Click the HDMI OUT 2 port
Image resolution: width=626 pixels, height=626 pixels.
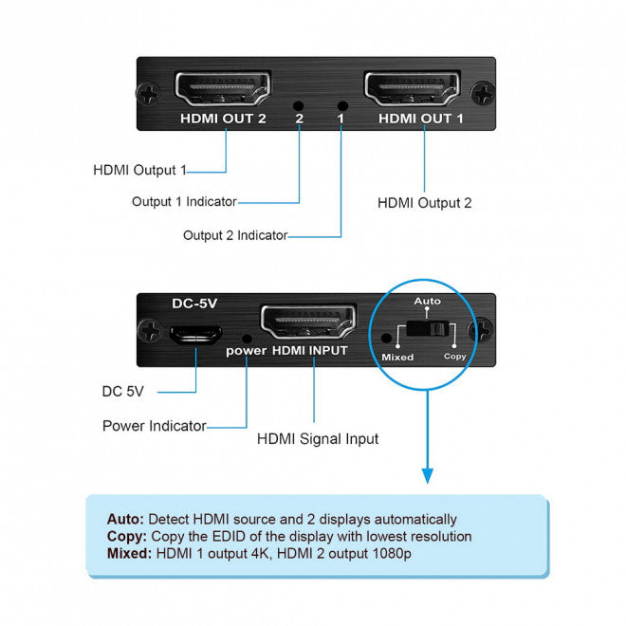(x=224, y=92)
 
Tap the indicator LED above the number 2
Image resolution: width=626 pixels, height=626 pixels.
(x=299, y=107)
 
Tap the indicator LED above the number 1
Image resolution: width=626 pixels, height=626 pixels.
(x=342, y=107)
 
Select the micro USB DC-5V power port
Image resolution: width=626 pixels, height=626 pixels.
(x=195, y=334)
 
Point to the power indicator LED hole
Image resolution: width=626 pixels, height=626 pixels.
(x=247, y=337)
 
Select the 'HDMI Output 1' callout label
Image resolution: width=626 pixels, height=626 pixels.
(x=139, y=171)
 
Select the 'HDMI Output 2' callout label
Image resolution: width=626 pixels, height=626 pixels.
(x=424, y=202)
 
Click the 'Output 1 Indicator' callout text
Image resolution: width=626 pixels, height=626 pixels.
(x=184, y=201)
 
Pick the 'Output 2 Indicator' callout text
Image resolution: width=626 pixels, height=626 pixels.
(x=234, y=235)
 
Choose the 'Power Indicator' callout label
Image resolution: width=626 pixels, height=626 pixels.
(x=154, y=426)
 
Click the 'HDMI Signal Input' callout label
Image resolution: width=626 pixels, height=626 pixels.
(x=318, y=438)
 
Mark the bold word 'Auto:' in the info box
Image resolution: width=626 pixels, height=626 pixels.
(x=125, y=520)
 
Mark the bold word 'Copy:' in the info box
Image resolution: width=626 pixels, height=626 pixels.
(x=126, y=537)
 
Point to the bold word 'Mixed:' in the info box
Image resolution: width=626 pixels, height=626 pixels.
(x=129, y=554)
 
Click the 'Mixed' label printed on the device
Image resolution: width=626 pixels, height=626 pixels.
(x=397, y=358)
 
